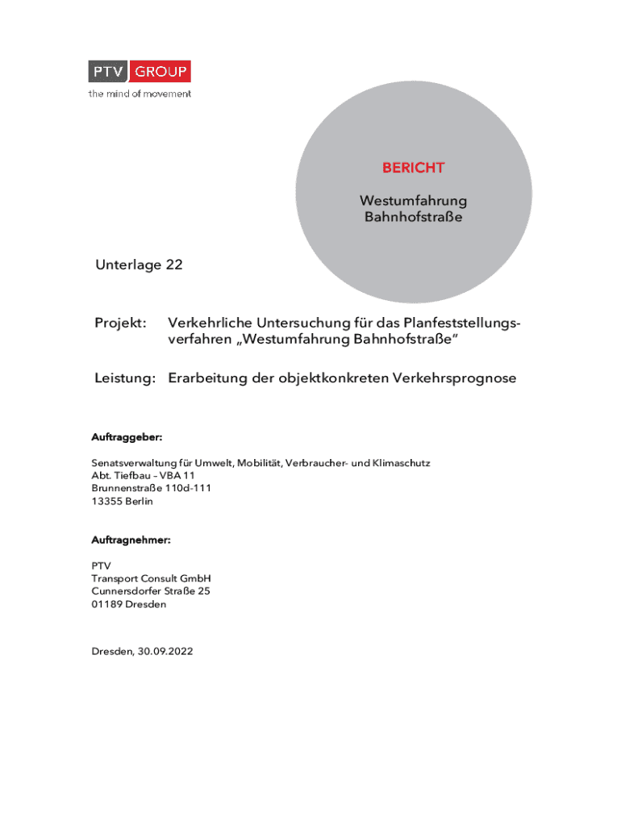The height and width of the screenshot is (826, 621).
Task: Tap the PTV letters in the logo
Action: [110, 72]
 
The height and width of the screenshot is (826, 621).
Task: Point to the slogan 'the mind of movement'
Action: [140, 94]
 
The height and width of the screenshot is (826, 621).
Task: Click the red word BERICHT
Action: [413, 168]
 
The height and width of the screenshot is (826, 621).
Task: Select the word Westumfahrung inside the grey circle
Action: [413, 200]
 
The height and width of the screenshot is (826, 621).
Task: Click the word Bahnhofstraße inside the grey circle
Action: [413, 217]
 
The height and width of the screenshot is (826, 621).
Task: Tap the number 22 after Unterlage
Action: [173, 265]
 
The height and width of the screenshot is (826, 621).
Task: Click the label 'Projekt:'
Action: [120, 323]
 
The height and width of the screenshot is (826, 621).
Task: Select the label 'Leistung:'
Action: [124, 378]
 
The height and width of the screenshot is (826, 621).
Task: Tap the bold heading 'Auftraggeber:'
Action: [127, 437]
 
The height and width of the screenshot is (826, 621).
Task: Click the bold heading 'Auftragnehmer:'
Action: [131, 540]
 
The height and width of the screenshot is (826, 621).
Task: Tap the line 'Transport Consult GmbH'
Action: [151, 578]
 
